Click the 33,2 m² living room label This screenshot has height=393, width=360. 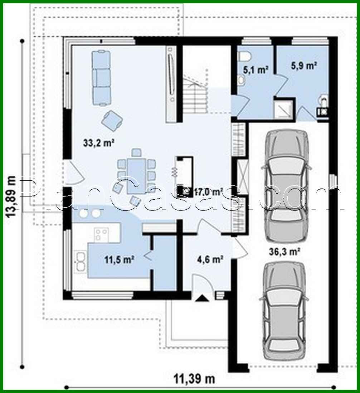[x=98, y=144]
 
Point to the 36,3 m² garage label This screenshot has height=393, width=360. [x=284, y=251]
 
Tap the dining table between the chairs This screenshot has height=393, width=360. [x=136, y=171]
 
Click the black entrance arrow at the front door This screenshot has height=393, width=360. [x=202, y=298]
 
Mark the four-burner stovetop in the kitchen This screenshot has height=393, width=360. [x=101, y=235]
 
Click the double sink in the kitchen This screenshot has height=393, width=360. [x=79, y=262]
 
